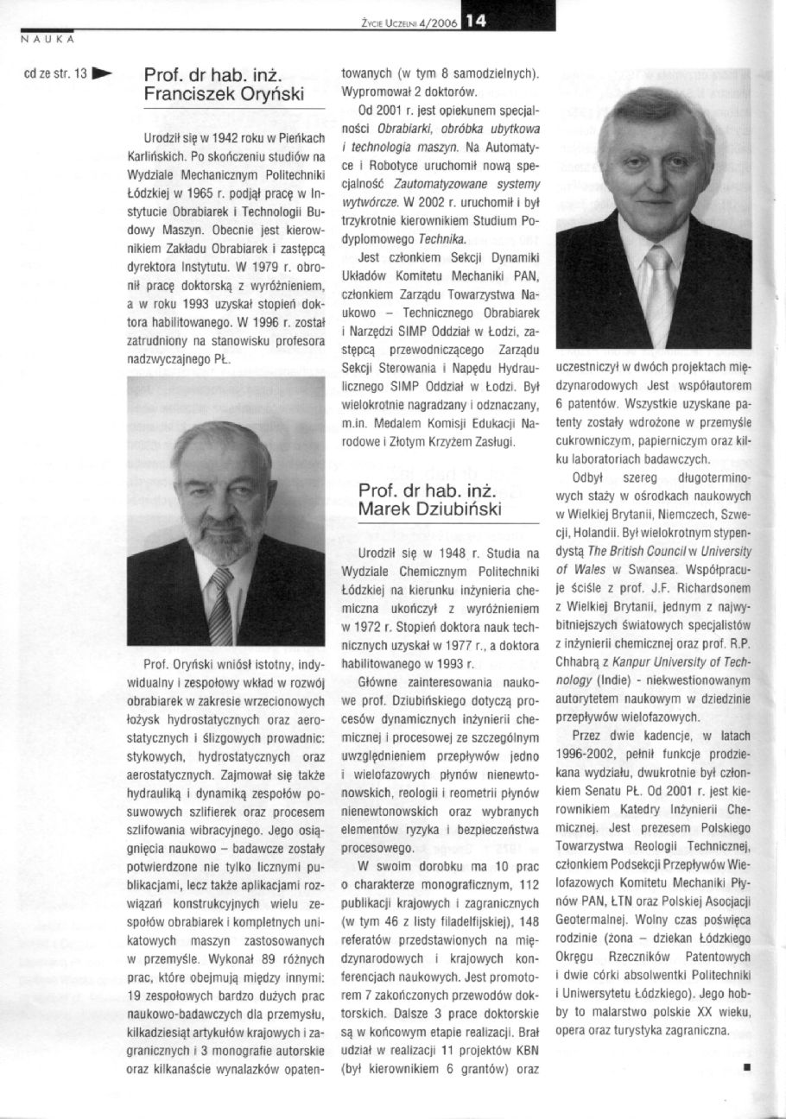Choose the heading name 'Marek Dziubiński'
[429, 509]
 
